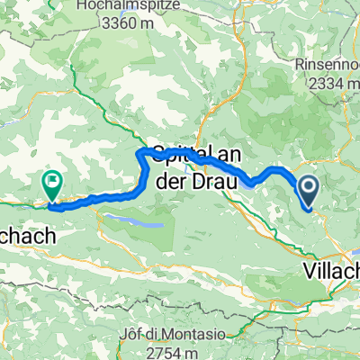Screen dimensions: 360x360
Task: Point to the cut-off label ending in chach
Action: tap(27, 238)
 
